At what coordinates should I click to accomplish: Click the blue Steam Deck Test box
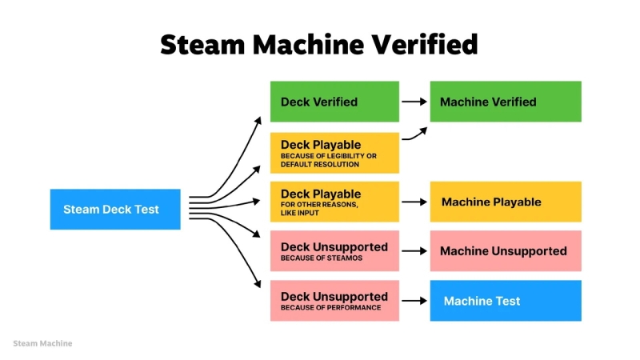115,210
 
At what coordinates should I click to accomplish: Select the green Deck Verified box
334,102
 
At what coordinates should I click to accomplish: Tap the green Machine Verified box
506,102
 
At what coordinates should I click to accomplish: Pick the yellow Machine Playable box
506,202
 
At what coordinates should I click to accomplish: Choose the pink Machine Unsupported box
506,251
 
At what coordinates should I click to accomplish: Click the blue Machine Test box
506,301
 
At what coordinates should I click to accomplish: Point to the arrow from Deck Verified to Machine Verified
414,102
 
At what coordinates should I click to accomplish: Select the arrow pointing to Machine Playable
414,202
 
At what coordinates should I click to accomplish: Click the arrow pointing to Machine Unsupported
414,251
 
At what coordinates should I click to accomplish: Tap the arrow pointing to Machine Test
414,301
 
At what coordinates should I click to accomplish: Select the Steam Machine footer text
42,343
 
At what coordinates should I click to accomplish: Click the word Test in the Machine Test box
506,301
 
